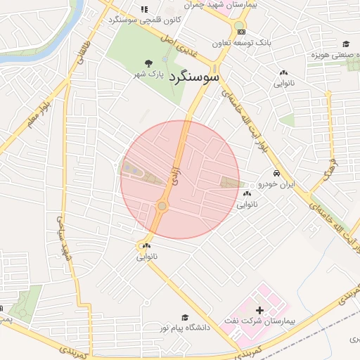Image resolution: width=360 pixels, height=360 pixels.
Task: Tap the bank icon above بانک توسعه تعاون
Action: (x=241, y=32)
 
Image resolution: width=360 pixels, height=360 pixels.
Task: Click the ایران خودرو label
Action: (x=276, y=184)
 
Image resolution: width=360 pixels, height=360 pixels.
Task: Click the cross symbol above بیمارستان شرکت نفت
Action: (x=259, y=310)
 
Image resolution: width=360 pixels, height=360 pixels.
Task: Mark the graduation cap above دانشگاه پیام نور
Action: (x=185, y=318)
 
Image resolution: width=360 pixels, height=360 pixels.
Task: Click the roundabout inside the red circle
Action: (x=162, y=206)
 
